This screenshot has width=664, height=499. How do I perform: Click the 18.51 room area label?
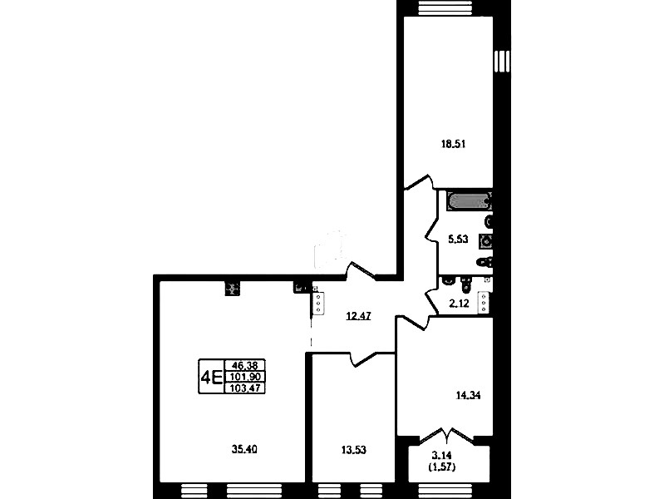pos(453,144)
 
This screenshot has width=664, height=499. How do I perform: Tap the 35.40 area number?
pos(244,449)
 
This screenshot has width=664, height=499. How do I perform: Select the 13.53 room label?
pos(353,450)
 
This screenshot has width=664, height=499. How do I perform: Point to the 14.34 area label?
pos(468,396)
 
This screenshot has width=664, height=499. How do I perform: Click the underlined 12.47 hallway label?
pos(358,316)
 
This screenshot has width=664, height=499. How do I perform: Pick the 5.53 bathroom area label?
pos(458,240)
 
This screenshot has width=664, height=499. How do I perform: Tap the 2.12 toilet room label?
pos(459,303)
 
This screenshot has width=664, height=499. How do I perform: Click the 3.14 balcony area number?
pos(441,456)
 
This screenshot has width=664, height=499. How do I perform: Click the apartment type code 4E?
pos(211,377)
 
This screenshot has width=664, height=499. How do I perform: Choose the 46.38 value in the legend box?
pos(245,364)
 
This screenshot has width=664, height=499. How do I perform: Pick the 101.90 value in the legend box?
pos(245,377)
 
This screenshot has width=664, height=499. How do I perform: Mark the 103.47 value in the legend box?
pos(245,388)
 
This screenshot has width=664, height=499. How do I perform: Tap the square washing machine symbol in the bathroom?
pos(486,241)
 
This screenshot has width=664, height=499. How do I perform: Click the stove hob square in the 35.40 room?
pos(232,289)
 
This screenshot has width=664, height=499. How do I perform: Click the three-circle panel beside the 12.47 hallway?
pos(318,304)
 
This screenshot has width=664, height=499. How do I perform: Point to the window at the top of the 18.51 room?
pos(448,7)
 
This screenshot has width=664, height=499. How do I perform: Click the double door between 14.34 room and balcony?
pos(448,436)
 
